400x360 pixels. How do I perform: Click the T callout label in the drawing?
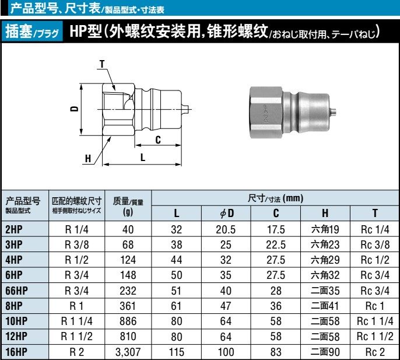(103, 63)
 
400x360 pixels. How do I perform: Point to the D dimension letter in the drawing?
(74, 109)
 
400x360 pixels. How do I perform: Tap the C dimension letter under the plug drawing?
(158, 140)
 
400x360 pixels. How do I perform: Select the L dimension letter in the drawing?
(142, 157)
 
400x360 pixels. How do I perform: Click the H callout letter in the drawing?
(88, 159)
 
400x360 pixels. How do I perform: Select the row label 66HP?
(18, 291)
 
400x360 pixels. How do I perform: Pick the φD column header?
(226, 214)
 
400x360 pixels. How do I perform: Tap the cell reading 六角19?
(325, 229)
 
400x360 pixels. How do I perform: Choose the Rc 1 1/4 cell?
(375, 321)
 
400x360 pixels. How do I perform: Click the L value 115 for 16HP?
(176, 352)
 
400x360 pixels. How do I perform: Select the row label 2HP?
(14, 229)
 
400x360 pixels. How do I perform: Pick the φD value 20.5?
(226, 229)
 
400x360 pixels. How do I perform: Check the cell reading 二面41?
(325, 306)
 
